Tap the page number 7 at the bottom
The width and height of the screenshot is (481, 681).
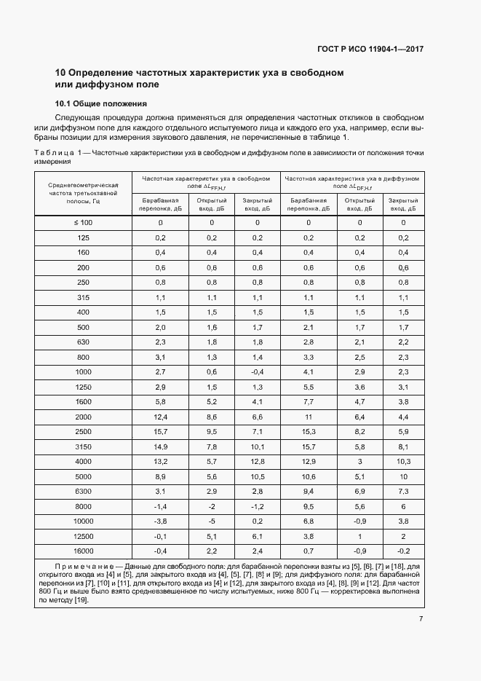421,619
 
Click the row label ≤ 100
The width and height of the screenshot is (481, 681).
84,222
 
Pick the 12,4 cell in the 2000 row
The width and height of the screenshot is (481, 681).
160,417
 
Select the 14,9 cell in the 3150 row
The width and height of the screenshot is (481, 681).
160,446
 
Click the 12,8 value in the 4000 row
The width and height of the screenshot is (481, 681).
258,462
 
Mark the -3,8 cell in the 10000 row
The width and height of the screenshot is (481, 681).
160,521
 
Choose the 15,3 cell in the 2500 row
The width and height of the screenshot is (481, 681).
308,432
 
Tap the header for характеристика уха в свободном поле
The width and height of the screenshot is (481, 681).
206,182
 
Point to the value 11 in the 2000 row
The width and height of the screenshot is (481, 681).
308,417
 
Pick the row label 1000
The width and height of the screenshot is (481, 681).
84,372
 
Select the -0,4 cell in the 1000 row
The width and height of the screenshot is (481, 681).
258,372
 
